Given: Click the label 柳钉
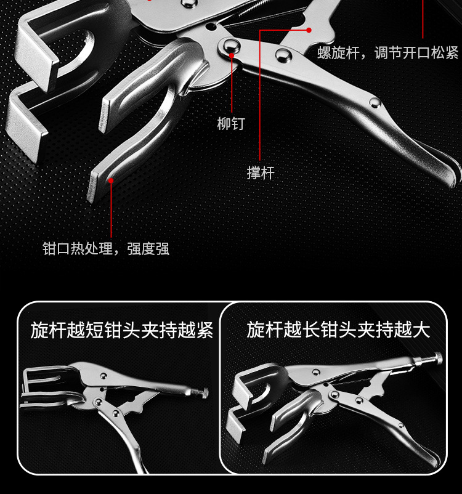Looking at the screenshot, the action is click(231, 123).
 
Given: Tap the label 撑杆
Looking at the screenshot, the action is click(260, 173).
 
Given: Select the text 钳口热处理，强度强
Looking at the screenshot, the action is click(105, 249).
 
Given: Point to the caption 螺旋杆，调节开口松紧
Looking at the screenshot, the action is click(388, 53).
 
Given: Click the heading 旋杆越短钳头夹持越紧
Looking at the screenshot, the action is click(122, 330).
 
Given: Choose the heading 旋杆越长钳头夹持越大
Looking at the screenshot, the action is click(338, 330).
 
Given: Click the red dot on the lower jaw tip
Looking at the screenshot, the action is click(111, 180).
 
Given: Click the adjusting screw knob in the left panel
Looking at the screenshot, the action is click(202, 392).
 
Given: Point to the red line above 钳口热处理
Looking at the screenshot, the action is click(111, 209).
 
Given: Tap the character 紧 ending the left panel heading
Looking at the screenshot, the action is click(205, 330).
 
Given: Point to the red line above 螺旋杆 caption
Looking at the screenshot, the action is click(423, 22).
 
